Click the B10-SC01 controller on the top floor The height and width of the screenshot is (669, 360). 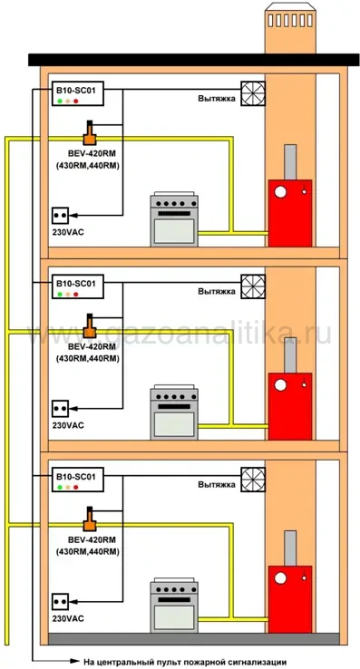[x=78, y=93]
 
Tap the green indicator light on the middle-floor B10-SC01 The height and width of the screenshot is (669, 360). [x=60, y=294]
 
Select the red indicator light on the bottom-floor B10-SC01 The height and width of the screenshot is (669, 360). [x=76, y=487]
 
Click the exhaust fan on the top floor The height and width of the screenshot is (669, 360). [x=253, y=93]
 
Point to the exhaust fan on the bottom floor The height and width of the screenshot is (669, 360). [x=253, y=480]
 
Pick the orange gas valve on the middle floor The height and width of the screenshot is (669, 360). [x=90, y=327]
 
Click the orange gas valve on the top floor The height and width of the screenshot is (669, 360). [x=90, y=134]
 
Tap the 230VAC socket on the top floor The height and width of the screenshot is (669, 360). [x=60, y=215]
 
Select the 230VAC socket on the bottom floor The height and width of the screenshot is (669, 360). [x=60, y=601]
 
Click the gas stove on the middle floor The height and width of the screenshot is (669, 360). [x=174, y=412]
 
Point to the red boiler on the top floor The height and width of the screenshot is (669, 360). [x=290, y=213]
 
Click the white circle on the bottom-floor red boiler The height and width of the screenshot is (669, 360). [x=280, y=578]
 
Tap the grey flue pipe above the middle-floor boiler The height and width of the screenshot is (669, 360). [x=290, y=355]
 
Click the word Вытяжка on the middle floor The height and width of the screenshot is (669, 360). [x=217, y=291]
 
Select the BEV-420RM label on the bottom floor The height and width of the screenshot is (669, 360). [x=86, y=539]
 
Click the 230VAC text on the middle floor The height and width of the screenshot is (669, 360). [x=68, y=425]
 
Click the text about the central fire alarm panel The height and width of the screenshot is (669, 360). [x=185, y=662]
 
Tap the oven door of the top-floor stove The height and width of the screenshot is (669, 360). [x=174, y=231]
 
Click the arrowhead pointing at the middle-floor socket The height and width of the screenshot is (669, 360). [x=73, y=408]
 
